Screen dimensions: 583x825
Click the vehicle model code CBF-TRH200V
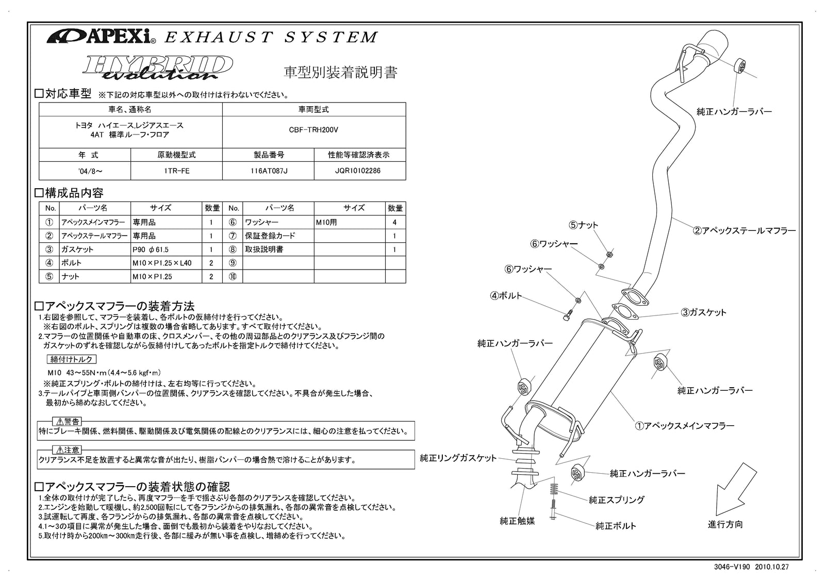(x=313, y=130)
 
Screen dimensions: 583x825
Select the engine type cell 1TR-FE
(x=176, y=171)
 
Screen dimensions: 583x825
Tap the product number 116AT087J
(x=268, y=171)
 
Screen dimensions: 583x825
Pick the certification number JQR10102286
(x=359, y=171)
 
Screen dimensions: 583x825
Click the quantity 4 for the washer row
(x=395, y=223)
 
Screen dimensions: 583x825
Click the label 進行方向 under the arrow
(x=725, y=524)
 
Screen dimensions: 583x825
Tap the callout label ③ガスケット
(x=703, y=312)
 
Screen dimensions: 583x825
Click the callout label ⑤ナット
(x=583, y=225)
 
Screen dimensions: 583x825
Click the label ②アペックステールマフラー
(x=744, y=231)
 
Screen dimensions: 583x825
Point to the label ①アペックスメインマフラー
(x=684, y=426)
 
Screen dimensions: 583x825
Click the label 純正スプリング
(x=616, y=500)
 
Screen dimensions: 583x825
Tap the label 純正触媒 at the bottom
(x=517, y=521)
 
